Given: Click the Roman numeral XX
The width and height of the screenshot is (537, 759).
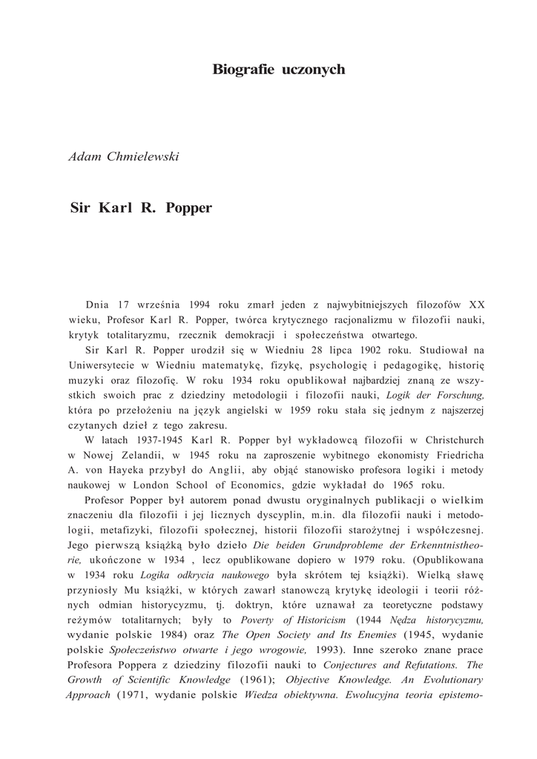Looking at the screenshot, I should point(477,304).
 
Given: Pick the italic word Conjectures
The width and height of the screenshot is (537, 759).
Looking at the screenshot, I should point(352,665).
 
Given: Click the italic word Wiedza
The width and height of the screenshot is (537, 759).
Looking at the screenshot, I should point(271,695).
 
